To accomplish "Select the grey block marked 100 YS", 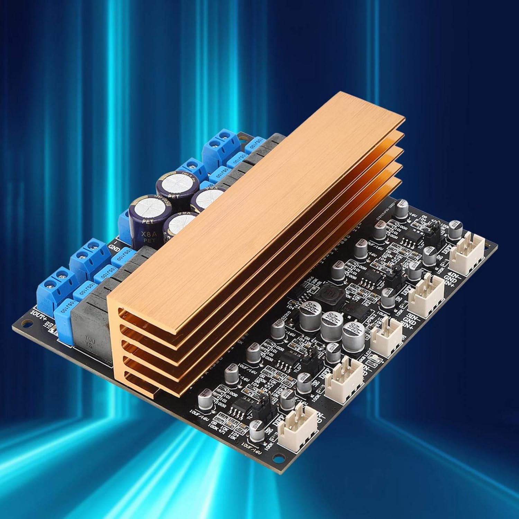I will point(89,327).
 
